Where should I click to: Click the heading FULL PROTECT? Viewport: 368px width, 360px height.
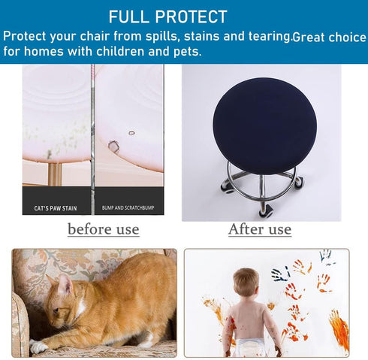[167, 17]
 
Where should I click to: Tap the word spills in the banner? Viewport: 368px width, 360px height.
[161, 36]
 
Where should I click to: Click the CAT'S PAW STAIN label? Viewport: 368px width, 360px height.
[56, 208]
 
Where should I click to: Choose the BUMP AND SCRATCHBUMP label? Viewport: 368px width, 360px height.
[128, 207]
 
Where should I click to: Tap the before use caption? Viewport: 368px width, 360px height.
[104, 229]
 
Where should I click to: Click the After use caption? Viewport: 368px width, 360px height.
[260, 229]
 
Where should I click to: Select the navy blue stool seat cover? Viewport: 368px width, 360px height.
[264, 126]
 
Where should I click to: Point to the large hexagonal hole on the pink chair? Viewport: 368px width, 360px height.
[114, 147]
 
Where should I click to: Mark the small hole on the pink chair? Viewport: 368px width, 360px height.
[132, 133]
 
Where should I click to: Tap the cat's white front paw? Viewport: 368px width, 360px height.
[38, 346]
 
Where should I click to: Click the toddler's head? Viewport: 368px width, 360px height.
[246, 282]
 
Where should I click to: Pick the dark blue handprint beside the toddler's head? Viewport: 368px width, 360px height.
[279, 275]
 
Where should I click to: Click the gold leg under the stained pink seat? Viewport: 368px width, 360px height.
[55, 174]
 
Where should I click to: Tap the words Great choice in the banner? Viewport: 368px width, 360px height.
[329, 38]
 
